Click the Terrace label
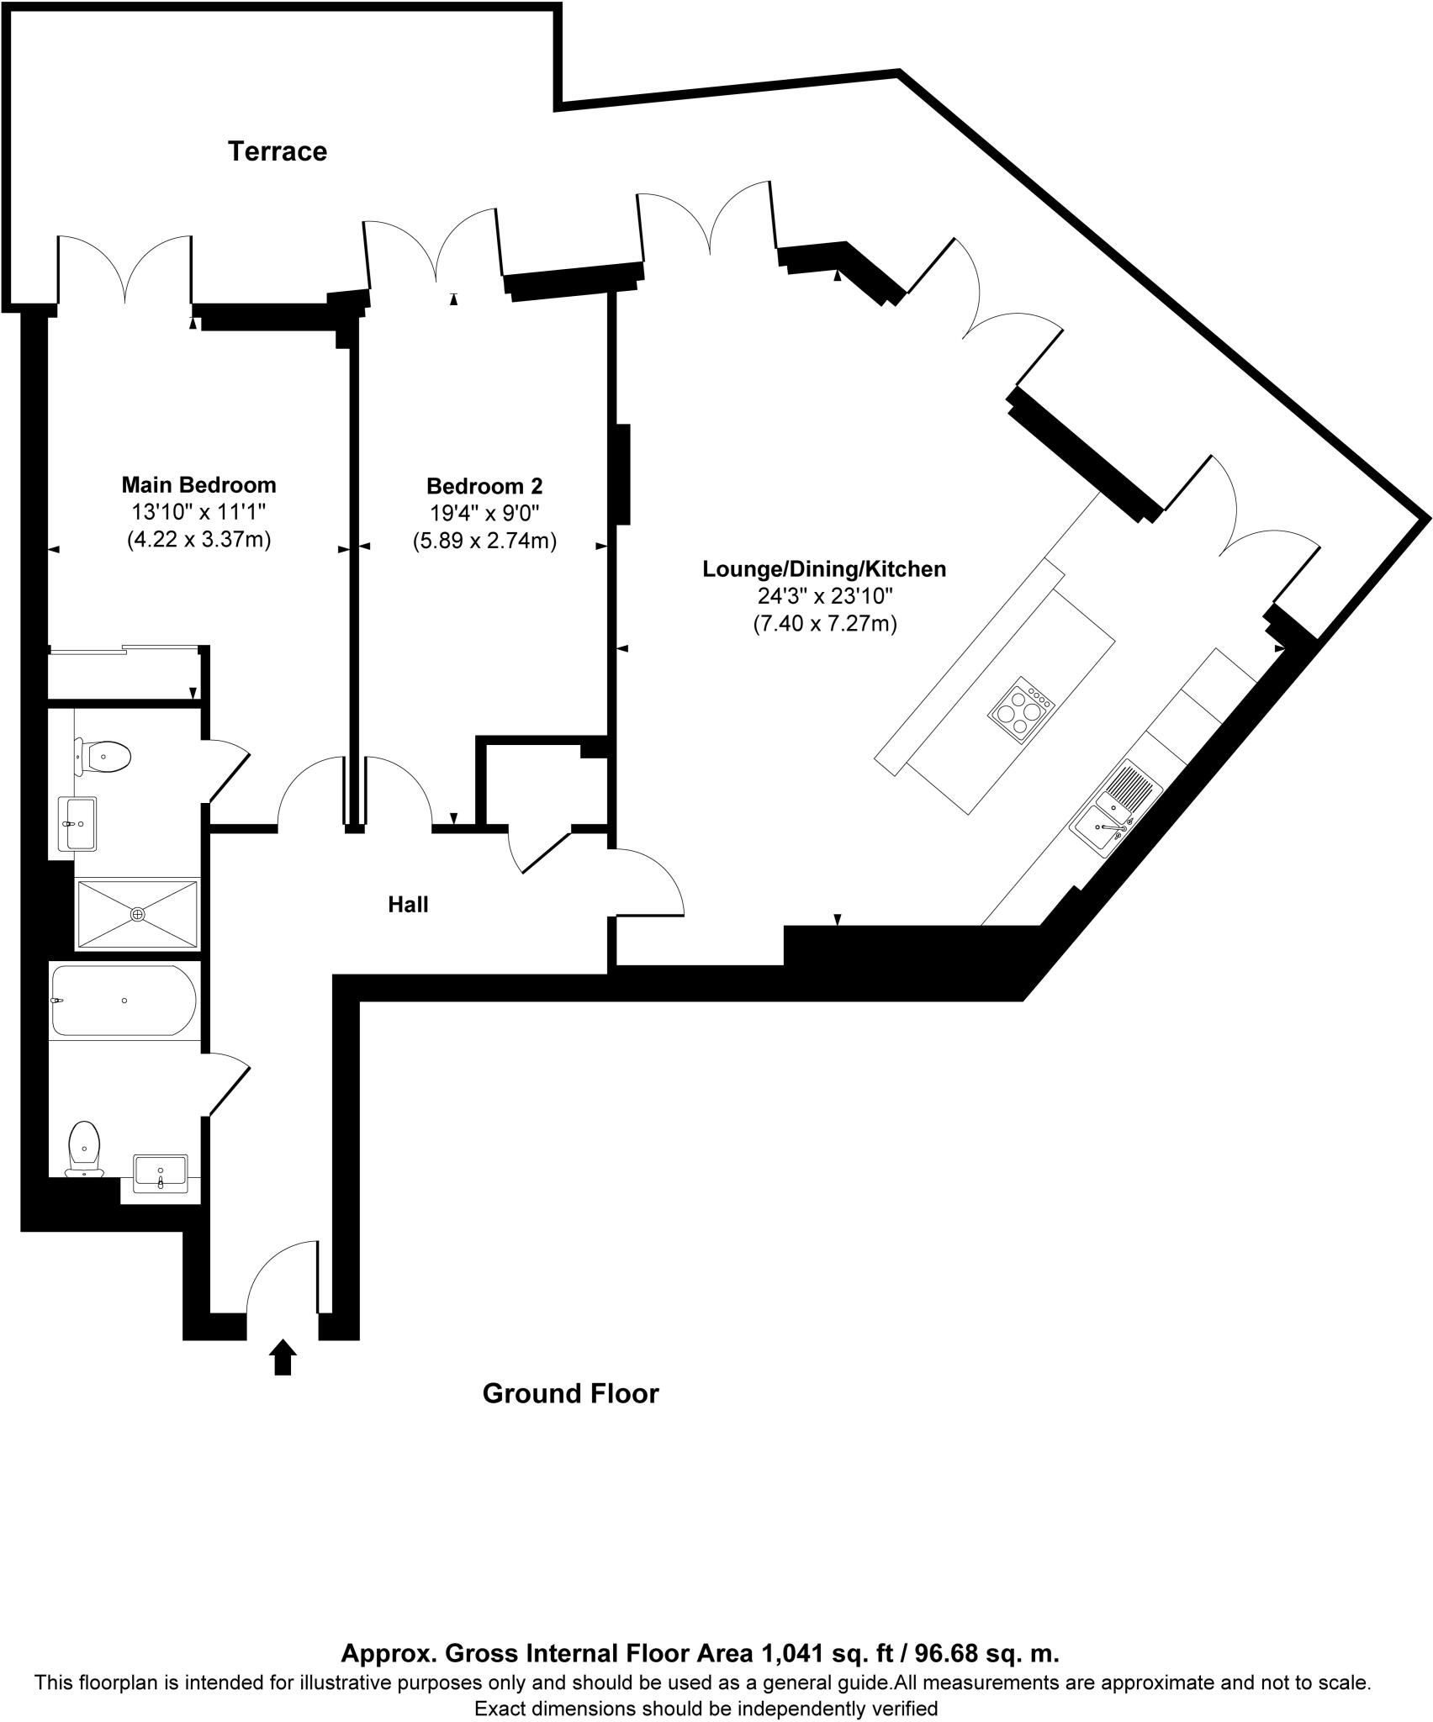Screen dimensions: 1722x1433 click(x=278, y=151)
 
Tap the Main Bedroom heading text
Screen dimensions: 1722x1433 click(x=198, y=485)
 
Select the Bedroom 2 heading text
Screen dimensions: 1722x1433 click(x=484, y=486)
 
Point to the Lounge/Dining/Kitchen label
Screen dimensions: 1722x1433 click(x=824, y=569)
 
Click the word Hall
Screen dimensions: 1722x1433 click(x=408, y=905)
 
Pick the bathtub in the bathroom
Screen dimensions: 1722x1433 click(x=124, y=1001)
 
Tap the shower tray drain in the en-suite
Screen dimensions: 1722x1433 click(x=137, y=913)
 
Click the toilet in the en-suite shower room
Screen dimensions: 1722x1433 click(x=104, y=756)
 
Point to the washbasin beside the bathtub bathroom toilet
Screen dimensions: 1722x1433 click(x=161, y=1173)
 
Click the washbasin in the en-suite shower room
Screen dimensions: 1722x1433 click(x=77, y=824)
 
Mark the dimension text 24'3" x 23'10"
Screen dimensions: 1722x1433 click(x=824, y=597)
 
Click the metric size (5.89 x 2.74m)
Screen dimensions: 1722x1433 click(x=484, y=541)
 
